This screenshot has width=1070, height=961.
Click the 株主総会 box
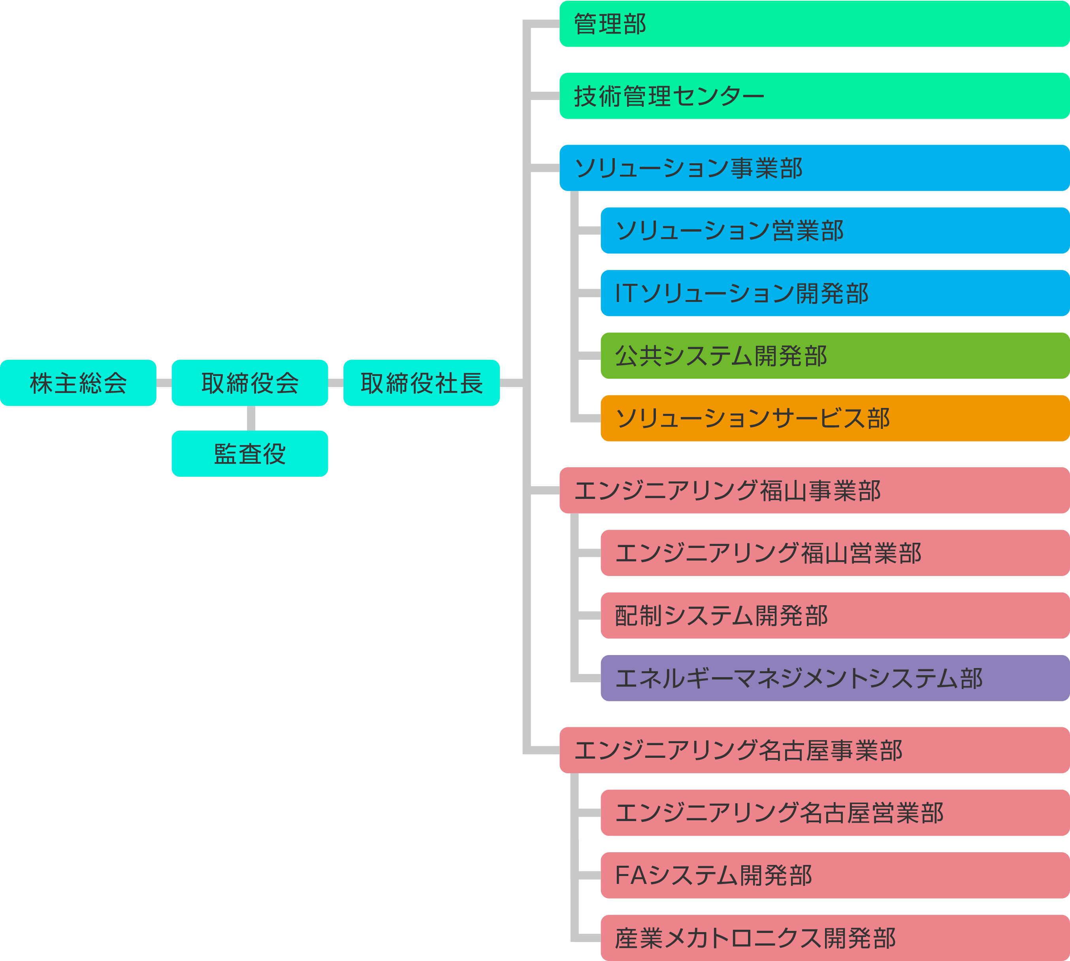tap(78, 383)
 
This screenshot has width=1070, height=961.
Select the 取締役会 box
tap(250, 383)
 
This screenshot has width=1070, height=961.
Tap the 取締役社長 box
tap(421, 383)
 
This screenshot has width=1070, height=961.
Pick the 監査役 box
tap(250, 453)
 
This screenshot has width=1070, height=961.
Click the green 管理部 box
tap(814, 24)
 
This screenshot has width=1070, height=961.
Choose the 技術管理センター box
tap(814, 96)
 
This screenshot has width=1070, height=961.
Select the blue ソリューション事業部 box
tap(814, 168)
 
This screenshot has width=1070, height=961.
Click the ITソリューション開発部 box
tap(835, 293)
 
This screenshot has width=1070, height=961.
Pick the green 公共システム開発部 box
tap(835, 355)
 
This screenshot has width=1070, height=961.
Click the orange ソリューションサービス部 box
tap(835, 418)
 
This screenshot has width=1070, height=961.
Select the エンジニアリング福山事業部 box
tap(814, 490)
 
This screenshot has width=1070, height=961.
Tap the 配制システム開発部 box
tap(835, 615)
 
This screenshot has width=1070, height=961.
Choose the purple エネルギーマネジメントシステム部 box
tap(835, 678)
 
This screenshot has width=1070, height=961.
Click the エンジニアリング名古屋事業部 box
tap(814, 750)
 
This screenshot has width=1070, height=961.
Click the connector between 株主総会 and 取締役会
tap(164, 383)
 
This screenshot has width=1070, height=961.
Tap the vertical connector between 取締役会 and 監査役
tap(251, 418)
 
